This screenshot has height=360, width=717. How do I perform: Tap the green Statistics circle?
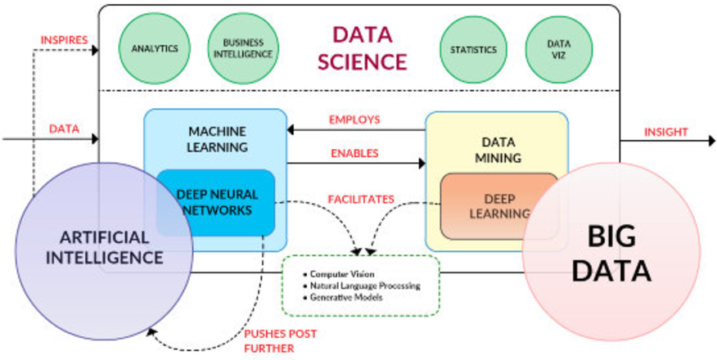tap(473, 49)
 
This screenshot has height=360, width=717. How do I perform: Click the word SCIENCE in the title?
tap(362, 61)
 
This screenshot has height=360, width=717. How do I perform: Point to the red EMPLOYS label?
tap(354, 119)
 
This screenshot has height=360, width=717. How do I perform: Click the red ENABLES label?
tap(354, 153)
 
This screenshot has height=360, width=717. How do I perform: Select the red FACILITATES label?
tap(361, 199)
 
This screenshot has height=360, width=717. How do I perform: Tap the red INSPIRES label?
tap(65, 39)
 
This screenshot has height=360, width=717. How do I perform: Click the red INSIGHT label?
tap(666, 132)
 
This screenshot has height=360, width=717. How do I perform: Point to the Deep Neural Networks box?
tap(217, 202)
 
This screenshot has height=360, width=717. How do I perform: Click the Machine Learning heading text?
tap(218, 139)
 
